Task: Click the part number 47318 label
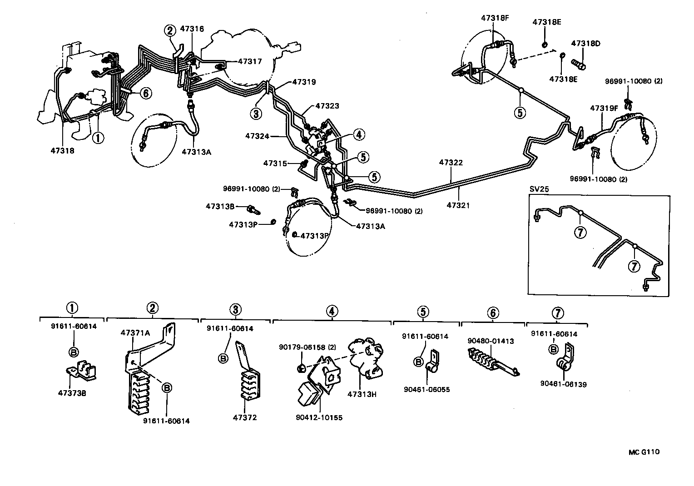(62, 150)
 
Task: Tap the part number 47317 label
(250, 61)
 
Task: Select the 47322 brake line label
(451, 163)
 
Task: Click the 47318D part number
(585, 44)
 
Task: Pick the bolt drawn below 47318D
(578, 64)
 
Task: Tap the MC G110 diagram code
(644, 452)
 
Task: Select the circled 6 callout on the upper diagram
(145, 93)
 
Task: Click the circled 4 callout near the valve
(358, 134)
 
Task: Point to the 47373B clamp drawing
(82, 371)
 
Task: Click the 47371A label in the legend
(135, 332)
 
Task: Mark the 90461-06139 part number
(563, 384)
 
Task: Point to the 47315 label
(275, 163)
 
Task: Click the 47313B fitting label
(220, 206)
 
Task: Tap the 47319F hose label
(604, 108)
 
